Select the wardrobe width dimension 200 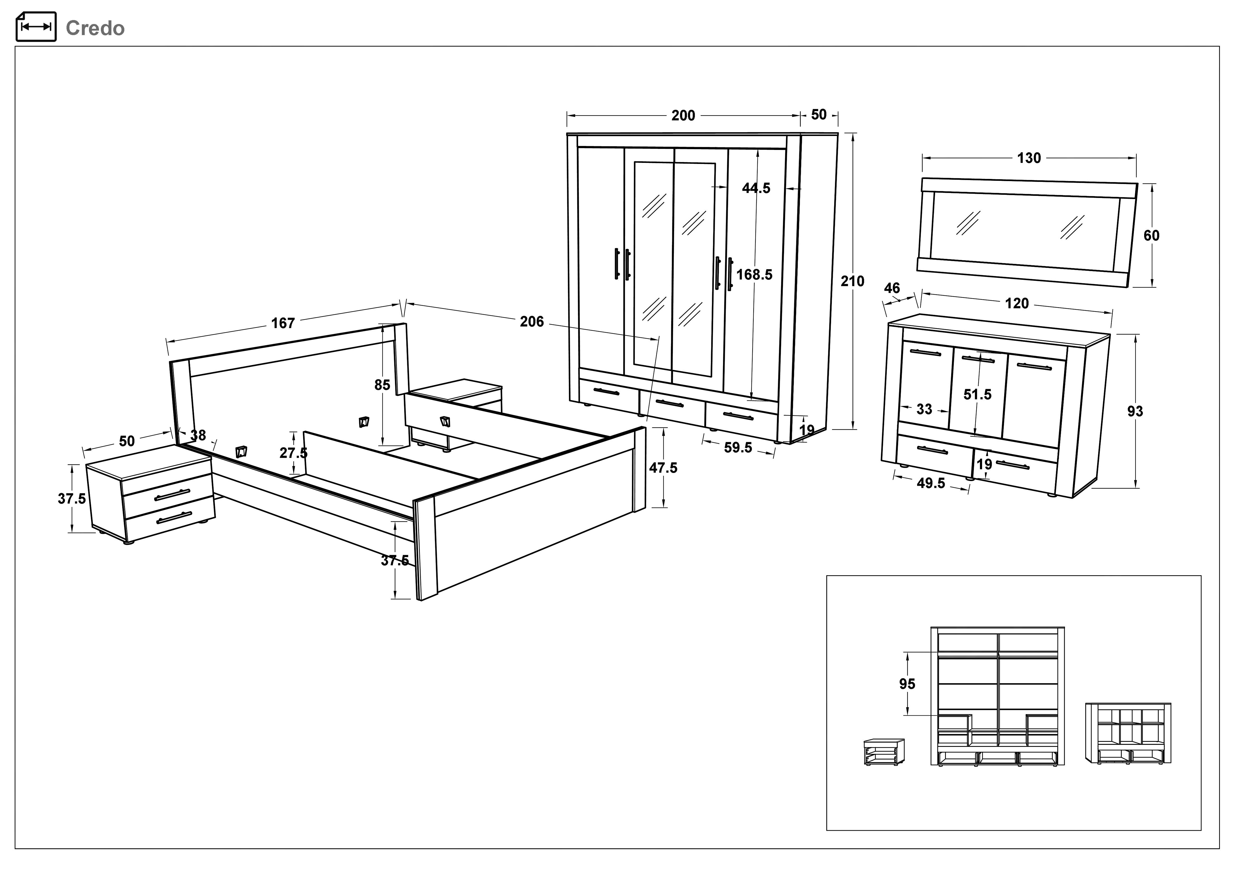pyautogui.click(x=683, y=116)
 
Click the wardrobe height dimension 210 pyautogui.click(x=853, y=281)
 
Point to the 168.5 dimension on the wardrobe pyautogui.click(x=754, y=275)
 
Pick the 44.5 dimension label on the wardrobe pyautogui.click(x=756, y=188)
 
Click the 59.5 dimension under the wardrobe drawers pyautogui.click(x=738, y=447)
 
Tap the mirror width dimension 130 pyautogui.click(x=1029, y=158)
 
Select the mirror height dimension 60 pyautogui.click(x=1152, y=235)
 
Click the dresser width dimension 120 pyautogui.click(x=1017, y=303)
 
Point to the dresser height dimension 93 pyautogui.click(x=1135, y=412)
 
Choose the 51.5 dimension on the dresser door pyautogui.click(x=977, y=395)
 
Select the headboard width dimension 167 pyautogui.click(x=283, y=323)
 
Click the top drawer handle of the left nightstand pyautogui.click(x=172, y=495)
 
